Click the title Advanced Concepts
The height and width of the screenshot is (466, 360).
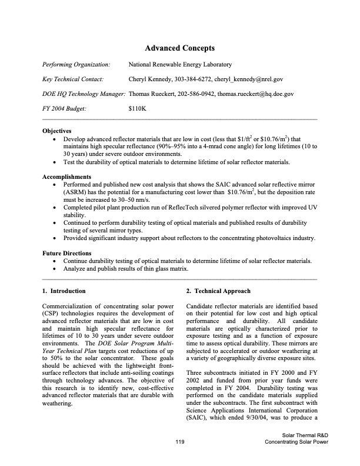point(179,48)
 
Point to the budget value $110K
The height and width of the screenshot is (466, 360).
point(137,108)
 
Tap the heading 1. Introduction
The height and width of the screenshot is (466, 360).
point(64,291)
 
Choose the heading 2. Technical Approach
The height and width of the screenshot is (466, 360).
point(218,291)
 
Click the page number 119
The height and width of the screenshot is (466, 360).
point(181,457)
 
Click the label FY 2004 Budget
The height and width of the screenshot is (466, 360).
point(65,108)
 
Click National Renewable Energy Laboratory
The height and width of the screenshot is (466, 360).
point(180,64)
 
